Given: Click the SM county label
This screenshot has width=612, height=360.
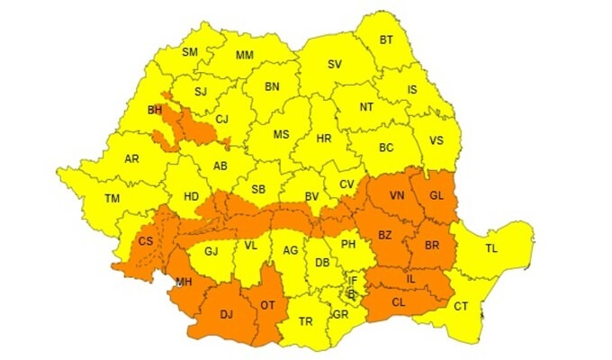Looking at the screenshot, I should tap(190, 52).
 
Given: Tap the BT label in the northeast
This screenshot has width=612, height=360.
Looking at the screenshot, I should tap(386, 40).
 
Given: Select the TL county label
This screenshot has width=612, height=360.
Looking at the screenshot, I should tap(491, 247).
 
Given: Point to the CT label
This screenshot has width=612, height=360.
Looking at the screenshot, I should tap(461, 307).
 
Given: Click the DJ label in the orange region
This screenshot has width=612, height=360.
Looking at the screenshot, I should tap(227, 314).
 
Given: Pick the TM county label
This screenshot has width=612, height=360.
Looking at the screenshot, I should tap(112, 198).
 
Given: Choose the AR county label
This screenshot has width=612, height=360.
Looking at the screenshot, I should tap(131, 159).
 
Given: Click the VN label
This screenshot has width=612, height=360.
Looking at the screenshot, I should tap(397, 195).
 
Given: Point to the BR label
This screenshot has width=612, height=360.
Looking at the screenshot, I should tap(431, 245).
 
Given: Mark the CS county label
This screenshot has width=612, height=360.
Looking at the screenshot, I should tap(145, 242).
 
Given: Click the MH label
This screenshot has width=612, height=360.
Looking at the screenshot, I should tap(184, 282).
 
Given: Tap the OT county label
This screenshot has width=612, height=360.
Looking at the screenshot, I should tap(267, 304).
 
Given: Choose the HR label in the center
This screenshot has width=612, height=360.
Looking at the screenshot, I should tap(325, 139).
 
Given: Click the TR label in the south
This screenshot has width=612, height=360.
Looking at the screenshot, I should tap(306, 321).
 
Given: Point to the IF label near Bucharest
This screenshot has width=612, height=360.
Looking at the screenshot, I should tap(353, 280).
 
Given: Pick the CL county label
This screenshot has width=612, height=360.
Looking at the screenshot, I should tap(399, 302).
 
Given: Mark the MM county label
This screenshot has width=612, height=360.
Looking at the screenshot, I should tap(245, 56).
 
